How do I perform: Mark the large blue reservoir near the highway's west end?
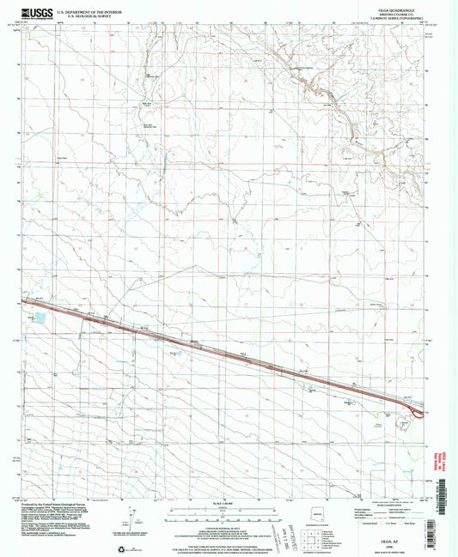(40, 318)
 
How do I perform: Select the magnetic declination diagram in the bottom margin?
(130, 518)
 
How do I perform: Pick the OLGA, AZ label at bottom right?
(393, 526)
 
